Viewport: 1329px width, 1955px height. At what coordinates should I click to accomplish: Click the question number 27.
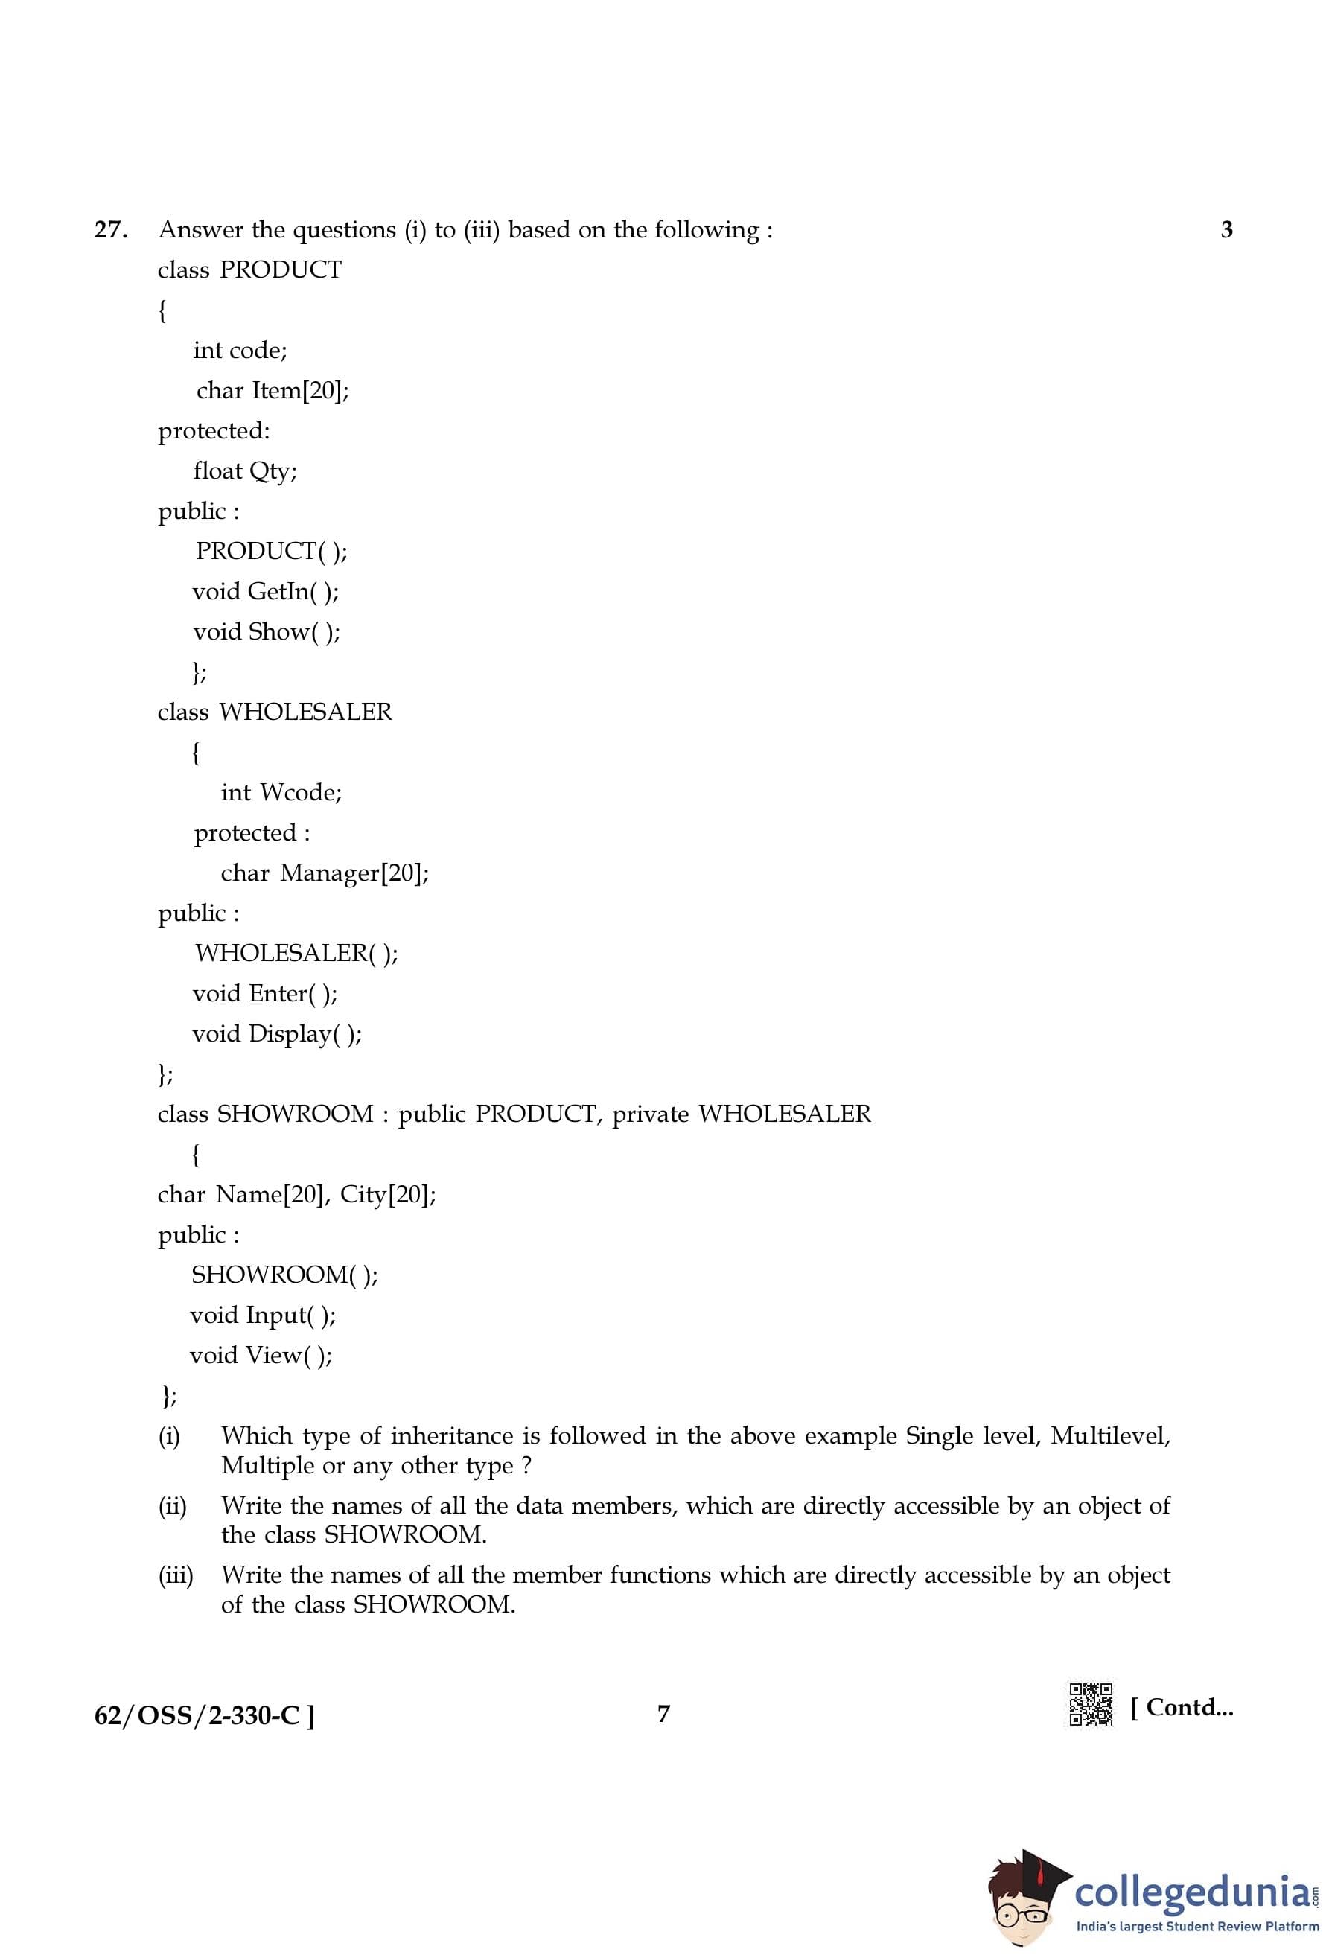coord(111,229)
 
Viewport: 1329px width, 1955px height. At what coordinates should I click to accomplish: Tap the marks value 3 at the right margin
coord(1226,229)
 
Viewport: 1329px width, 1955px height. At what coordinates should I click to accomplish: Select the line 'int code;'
coord(240,350)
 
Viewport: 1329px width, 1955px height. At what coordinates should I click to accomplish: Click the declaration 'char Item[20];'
coord(273,390)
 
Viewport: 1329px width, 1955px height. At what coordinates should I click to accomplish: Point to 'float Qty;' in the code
coord(245,471)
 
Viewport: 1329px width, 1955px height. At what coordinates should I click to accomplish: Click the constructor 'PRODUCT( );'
coord(271,551)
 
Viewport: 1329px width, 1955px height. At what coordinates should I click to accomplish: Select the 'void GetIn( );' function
coord(266,591)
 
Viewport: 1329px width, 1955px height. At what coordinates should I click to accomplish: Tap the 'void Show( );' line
coord(267,632)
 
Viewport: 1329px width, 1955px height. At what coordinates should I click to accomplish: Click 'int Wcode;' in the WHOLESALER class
coord(281,792)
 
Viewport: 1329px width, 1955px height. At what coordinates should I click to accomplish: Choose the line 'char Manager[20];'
coord(325,873)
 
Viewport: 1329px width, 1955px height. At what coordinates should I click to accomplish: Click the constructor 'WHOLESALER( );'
coord(296,953)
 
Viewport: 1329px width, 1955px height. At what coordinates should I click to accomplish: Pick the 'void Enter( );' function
coord(265,993)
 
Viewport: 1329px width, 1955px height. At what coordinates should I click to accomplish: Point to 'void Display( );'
coord(277,1034)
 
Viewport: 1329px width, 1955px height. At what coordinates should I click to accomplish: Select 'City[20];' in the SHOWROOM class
coord(388,1195)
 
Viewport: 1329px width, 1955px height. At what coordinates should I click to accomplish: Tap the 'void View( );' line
coord(261,1355)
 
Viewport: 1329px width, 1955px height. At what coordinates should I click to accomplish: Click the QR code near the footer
coord(1090,1704)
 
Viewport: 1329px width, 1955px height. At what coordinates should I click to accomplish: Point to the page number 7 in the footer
coord(663,1714)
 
